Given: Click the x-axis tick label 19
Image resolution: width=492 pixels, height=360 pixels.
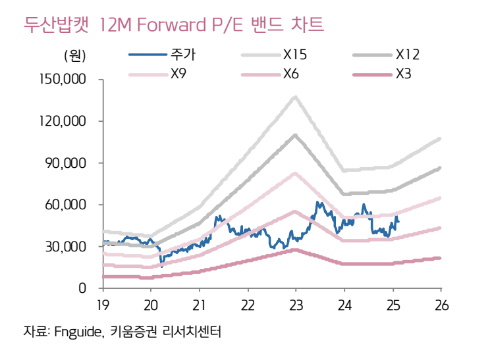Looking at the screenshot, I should click(x=103, y=304).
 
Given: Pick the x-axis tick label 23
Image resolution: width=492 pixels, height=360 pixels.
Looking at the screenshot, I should click(x=296, y=304).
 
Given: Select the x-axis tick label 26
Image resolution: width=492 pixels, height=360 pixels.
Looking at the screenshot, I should click(x=441, y=304).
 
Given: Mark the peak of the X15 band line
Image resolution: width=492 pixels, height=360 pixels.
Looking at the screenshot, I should click(x=295, y=97).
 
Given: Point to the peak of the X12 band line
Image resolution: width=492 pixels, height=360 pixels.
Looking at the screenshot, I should click(x=295, y=135).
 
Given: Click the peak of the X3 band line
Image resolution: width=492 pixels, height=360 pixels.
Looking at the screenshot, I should click(x=295, y=249).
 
